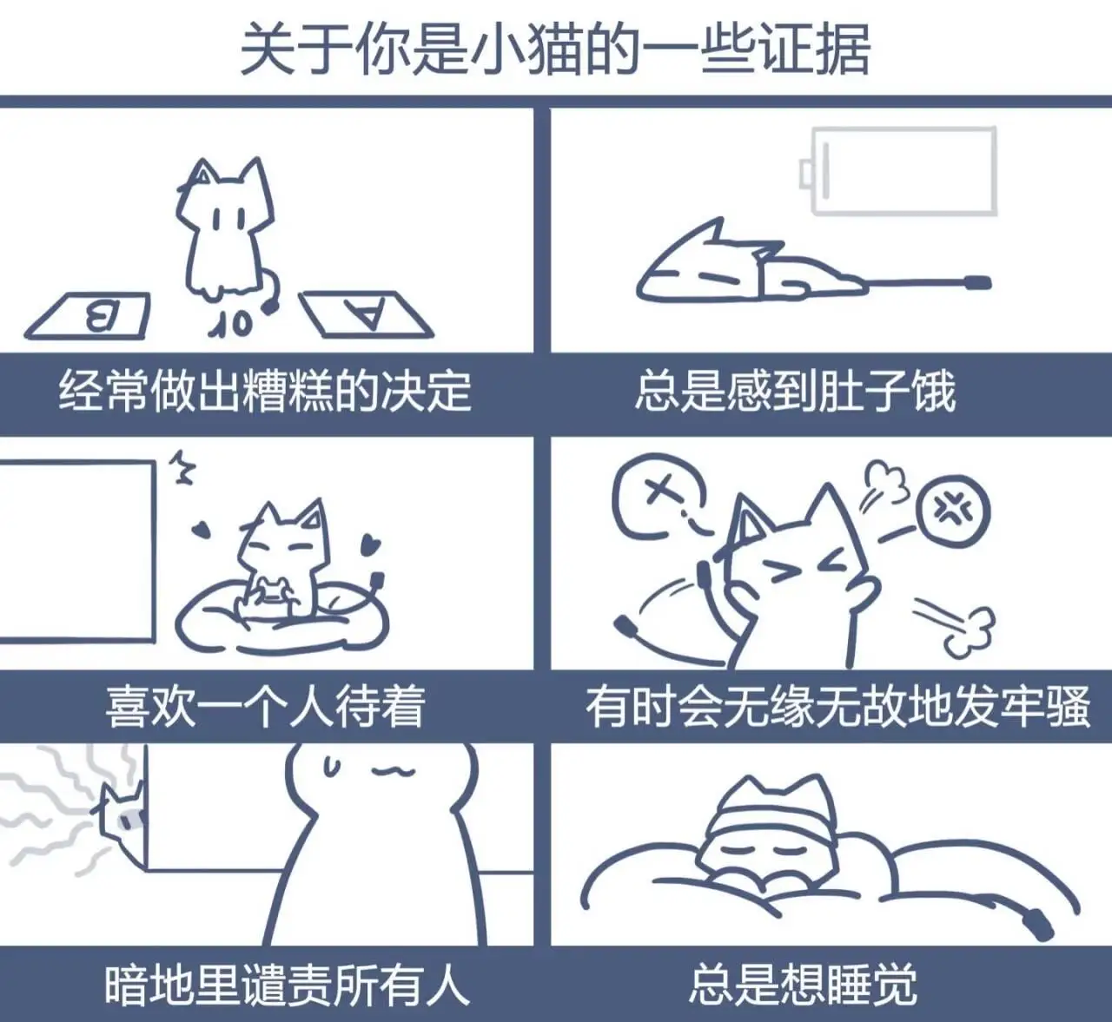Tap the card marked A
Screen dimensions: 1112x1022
tap(365, 314)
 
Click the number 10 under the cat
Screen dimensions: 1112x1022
tap(231, 324)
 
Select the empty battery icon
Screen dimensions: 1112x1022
tap(898, 171)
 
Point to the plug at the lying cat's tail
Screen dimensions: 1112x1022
tap(978, 283)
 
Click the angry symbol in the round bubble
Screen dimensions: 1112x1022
tap(953, 510)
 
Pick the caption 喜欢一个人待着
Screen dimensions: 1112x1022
tap(266, 707)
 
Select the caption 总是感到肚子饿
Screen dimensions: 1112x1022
tap(796, 392)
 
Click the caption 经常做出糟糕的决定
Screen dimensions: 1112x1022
tap(266, 392)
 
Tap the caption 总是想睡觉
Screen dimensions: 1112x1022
tap(804, 985)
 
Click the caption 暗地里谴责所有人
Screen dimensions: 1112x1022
tap(288, 985)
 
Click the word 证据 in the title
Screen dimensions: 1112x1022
tap(816, 49)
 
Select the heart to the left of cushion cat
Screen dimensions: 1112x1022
tap(202, 530)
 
